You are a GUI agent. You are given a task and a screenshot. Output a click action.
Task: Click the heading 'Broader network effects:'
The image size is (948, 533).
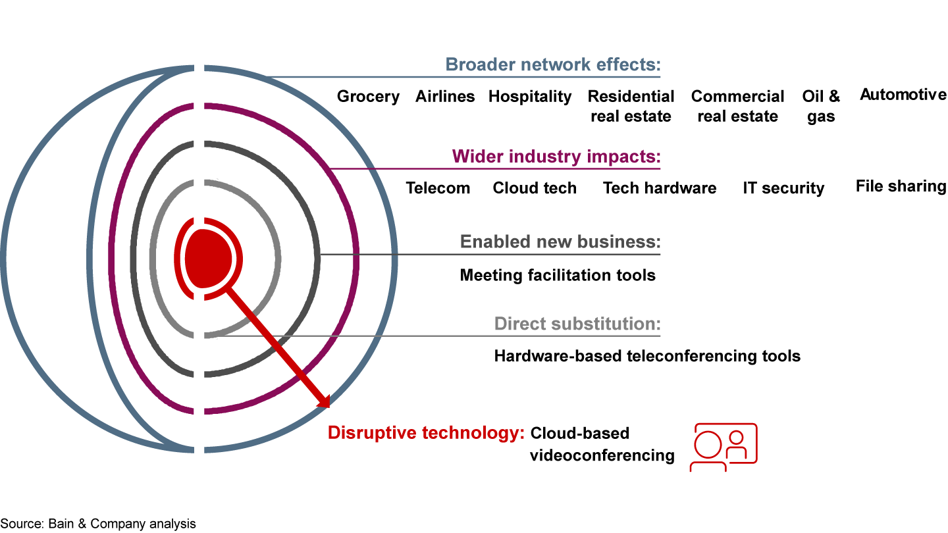point(552,64)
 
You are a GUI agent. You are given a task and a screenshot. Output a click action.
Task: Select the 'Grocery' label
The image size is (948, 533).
point(368,97)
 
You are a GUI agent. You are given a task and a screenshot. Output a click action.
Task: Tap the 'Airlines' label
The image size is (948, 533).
point(445,97)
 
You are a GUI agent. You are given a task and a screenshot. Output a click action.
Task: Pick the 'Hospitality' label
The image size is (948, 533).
point(530,97)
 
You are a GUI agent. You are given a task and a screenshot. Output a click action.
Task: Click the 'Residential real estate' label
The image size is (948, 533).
point(631,107)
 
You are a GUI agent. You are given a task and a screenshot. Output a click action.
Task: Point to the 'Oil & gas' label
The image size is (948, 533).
point(821,107)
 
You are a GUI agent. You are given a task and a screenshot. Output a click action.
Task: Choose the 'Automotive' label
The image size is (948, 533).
point(903,95)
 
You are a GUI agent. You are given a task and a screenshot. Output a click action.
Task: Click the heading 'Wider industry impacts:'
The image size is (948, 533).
point(556,157)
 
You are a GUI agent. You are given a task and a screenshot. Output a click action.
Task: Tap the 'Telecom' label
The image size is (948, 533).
point(438,188)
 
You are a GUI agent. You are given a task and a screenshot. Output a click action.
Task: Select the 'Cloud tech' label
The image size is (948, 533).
point(535,188)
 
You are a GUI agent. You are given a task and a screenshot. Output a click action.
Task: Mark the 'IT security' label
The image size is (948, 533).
point(783,188)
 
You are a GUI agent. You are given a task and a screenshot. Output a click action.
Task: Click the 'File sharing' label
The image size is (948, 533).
point(901,186)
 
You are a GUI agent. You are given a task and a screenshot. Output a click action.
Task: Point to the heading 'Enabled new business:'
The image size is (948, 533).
point(560,241)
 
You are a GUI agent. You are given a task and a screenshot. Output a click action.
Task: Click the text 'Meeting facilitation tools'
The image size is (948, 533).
point(558,274)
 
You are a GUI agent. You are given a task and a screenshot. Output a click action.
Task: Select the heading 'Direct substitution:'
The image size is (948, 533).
point(577,324)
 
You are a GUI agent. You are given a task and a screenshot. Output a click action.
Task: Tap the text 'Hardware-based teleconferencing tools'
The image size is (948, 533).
point(647,356)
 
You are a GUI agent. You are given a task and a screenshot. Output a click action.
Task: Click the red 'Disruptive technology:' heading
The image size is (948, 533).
point(426,433)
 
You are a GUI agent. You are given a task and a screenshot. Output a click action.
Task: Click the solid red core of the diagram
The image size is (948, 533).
point(208,258)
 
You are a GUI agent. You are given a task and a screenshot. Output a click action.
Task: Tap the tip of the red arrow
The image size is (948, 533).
point(327,406)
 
